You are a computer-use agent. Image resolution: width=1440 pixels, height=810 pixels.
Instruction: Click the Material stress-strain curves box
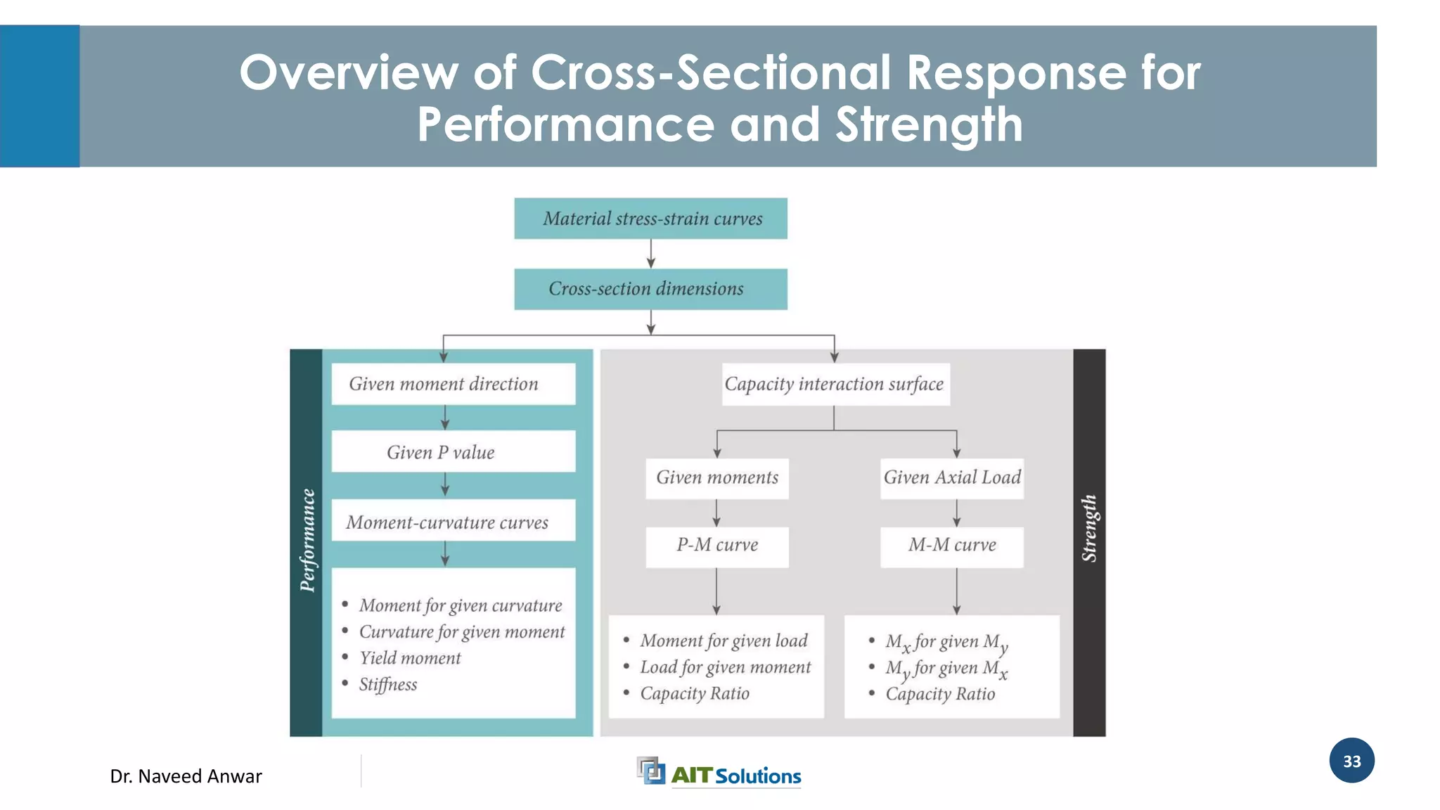(650, 219)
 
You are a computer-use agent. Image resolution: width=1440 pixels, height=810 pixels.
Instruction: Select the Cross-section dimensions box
(650, 289)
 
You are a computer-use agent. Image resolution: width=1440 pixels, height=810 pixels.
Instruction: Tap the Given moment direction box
(453, 384)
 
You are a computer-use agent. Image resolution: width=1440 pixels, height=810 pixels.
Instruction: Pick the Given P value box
(453, 451)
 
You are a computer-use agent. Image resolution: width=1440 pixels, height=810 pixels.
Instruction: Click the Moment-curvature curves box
(453, 521)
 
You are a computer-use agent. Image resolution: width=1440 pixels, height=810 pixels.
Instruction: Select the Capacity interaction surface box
(835, 384)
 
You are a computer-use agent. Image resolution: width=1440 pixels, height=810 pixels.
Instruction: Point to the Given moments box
(717, 478)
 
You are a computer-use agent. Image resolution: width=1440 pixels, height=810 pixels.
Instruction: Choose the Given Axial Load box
(952, 478)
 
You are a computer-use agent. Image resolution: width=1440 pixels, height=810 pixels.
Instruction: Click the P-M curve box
(717, 546)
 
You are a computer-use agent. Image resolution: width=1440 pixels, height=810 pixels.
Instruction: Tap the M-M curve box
(952, 546)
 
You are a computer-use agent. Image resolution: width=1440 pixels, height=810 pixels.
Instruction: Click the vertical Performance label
(307, 540)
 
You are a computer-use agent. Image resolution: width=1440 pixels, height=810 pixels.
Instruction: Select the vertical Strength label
(1089, 529)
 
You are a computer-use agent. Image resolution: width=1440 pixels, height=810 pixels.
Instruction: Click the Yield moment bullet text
(410, 658)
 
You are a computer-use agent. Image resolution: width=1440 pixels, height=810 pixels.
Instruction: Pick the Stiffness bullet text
(388, 684)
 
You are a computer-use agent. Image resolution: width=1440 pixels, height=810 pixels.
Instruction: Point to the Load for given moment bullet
(725, 667)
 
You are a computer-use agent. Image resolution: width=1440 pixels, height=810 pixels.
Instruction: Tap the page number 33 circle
(1351, 761)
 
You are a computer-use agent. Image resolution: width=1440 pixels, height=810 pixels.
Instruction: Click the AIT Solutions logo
(719, 773)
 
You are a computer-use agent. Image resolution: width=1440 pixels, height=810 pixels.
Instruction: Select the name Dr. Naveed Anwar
(186, 776)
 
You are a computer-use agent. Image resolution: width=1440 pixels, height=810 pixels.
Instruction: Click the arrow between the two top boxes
(651, 254)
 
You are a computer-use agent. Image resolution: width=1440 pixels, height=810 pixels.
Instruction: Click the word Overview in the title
(349, 72)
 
